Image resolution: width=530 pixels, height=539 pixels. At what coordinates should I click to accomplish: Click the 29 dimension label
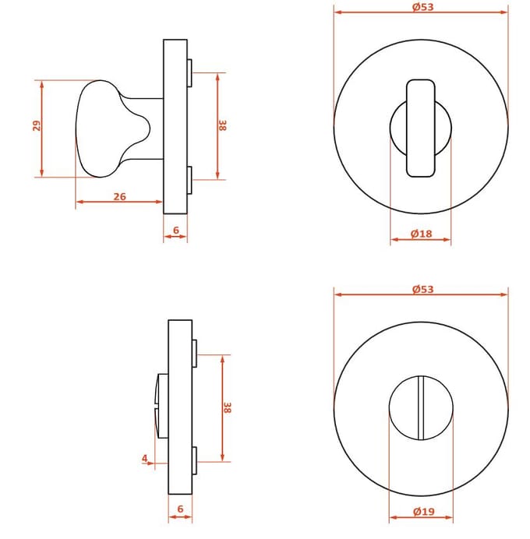37,126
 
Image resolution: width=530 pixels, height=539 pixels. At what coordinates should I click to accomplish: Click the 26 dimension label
120,196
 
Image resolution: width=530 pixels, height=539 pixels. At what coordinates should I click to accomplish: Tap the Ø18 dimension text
421,234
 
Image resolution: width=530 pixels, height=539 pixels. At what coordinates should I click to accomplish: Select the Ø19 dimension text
423,512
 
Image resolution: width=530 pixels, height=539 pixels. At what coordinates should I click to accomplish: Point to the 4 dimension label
145,458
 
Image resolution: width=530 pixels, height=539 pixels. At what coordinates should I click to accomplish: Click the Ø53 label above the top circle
422,7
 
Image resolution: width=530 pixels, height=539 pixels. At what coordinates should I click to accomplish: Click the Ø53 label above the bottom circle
422,289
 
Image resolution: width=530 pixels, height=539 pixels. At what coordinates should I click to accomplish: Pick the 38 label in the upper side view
223,125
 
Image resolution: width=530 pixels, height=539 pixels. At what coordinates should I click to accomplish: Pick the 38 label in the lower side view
228,407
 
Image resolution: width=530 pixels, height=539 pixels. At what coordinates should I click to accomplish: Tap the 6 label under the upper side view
176,230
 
